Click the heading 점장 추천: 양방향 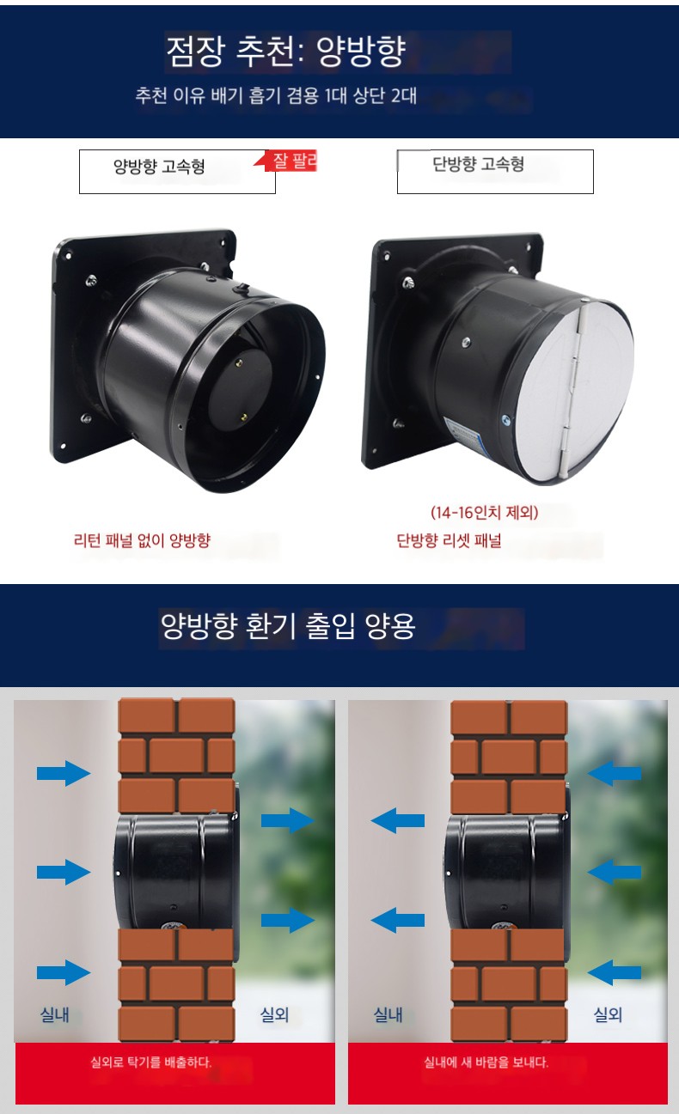pyautogui.click(x=286, y=52)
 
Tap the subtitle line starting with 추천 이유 pyautogui.click(x=276, y=95)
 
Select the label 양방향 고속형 pyautogui.click(x=159, y=166)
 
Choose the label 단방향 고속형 pyautogui.click(x=479, y=163)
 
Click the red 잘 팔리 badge pyautogui.click(x=291, y=161)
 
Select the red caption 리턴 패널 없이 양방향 pyautogui.click(x=143, y=540)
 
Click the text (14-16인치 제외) pyautogui.click(x=485, y=512)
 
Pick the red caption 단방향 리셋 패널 pyautogui.click(x=449, y=540)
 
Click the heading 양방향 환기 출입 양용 pyautogui.click(x=288, y=625)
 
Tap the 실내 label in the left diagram pyautogui.click(x=55, y=1014)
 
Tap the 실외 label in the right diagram pyautogui.click(x=609, y=1014)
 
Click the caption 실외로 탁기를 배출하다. pyautogui.click(x=150, y=1063)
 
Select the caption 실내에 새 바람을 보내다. pyautogui.click(x=486, y=1062)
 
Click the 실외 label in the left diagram pyautogui.click(x=275, y=1014)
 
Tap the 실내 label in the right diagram pyautogui.click(x=388, y=1014)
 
